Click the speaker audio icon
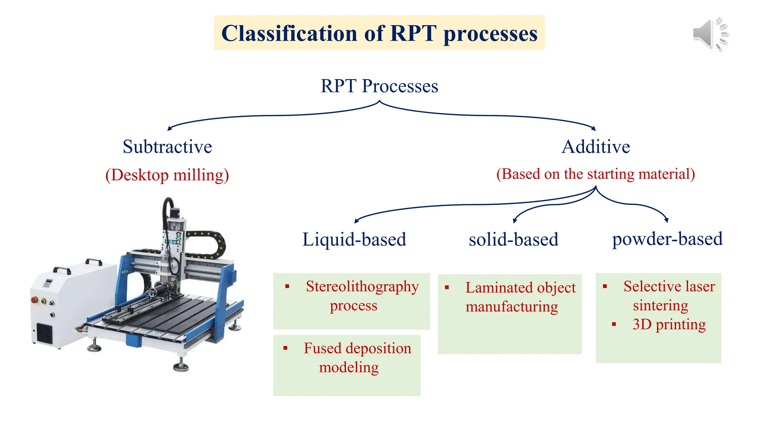709,34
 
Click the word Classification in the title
289,33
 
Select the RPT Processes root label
379,86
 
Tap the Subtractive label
167,147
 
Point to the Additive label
596,147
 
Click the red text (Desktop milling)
167,175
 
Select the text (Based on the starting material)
596,174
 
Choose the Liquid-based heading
354,239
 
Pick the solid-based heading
513,239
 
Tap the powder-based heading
667,239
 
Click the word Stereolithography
362,287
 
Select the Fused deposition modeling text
357,358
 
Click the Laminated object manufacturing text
520,297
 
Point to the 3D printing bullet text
669,324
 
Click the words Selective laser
669,286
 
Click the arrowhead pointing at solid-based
515,221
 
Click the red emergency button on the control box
34,299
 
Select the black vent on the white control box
44,333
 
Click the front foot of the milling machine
181,367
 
